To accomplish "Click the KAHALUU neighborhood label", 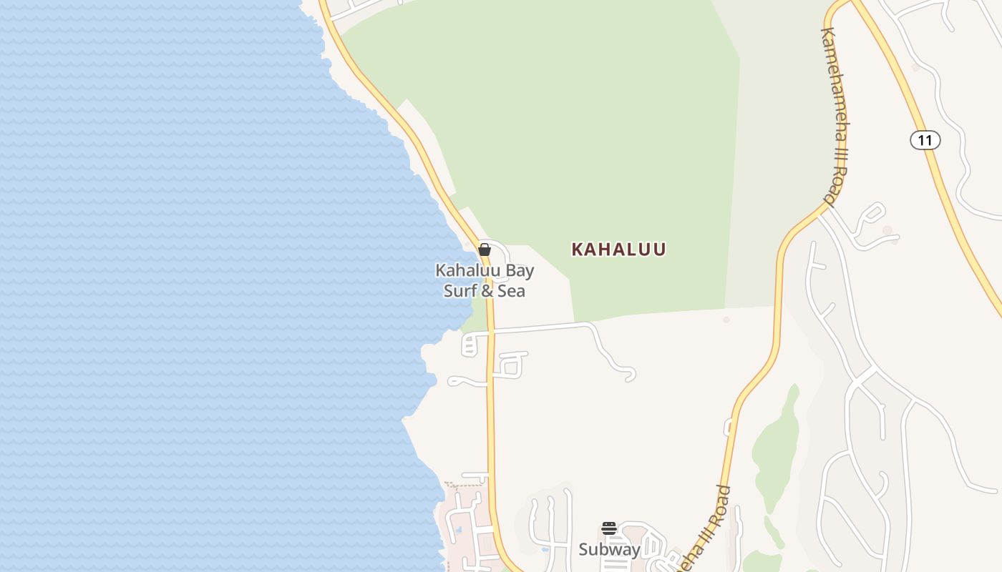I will tap(618, 250).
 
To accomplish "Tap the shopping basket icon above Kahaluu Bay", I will tap(485, 250).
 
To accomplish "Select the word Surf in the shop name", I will tap(459, 291).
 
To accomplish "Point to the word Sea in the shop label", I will tap(511, 291).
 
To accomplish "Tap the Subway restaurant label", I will tap(609, 550).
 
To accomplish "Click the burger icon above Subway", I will tap(609, 528).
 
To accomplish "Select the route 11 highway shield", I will tap(925, 140).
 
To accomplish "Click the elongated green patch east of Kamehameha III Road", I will tap(777, 443).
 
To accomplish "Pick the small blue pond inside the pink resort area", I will tap(458, 531).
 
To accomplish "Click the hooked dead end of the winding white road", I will tap(628, 375).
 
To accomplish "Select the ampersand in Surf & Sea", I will tap(485, 291).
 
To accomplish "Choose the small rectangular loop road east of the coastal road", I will tap(510, 365).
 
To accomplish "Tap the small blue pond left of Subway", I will tap(546, 551).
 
